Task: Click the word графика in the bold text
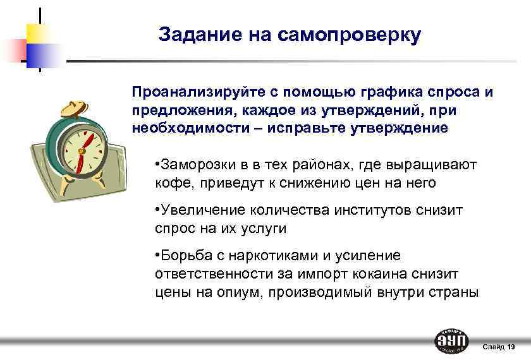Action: click(x=381, y=92)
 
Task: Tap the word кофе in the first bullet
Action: click(x=168, y=183)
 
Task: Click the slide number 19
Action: click(x=511, y=347)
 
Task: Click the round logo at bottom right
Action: click(x=452, y=341)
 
